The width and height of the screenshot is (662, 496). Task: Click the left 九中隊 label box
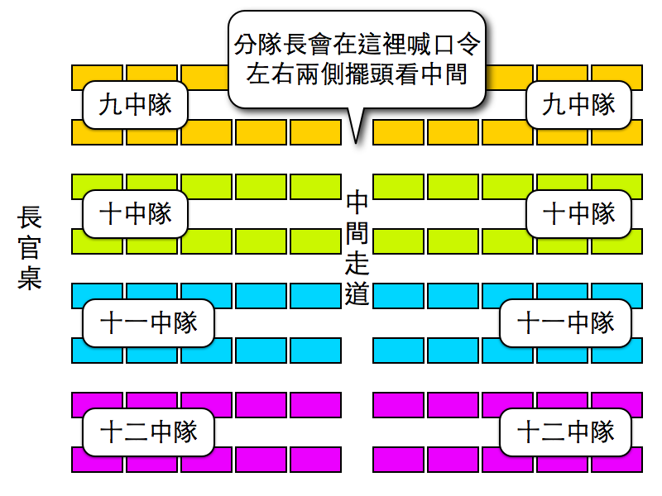pos(136,105)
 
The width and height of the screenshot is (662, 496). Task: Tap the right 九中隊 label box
pos(579,105)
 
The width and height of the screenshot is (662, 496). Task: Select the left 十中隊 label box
pos(136,214)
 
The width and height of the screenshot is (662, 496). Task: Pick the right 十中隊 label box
pos(579,214)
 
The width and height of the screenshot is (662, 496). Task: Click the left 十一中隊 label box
pos(149,322)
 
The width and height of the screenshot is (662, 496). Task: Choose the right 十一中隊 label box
pos(566,322)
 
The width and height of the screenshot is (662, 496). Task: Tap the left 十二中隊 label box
pos(149,432)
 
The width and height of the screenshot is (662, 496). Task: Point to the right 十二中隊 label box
pos(566,432)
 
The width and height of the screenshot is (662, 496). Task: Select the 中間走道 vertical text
pos(357,248)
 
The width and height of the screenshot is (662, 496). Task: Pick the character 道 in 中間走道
pos(357,293)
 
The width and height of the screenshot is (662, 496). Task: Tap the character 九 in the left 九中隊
pos(111,105)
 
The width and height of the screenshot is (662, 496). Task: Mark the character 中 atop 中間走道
pos(357,203)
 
